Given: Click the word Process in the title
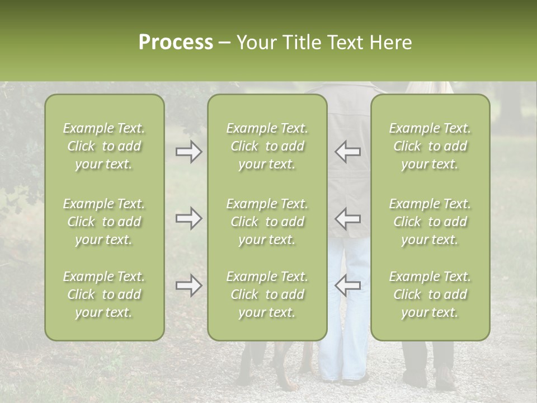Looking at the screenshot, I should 176,43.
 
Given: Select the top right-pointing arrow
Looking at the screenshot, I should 189,152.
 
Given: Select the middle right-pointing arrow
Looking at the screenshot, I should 189,218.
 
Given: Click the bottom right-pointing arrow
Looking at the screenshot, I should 189,285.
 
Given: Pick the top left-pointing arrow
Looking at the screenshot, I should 347,152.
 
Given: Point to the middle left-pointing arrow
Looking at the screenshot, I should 347,218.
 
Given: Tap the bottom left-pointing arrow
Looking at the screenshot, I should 347,285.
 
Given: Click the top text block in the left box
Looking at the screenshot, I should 104,146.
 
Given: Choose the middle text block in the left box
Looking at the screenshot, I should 104,222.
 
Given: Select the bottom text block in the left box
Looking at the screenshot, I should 104,294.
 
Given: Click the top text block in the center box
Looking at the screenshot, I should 267,146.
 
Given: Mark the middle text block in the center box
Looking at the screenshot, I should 267,222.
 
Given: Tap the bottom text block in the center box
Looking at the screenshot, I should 267,294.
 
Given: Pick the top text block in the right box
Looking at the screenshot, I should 430,146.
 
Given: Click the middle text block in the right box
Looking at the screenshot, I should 430,222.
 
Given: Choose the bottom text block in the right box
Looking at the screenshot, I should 430,294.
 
